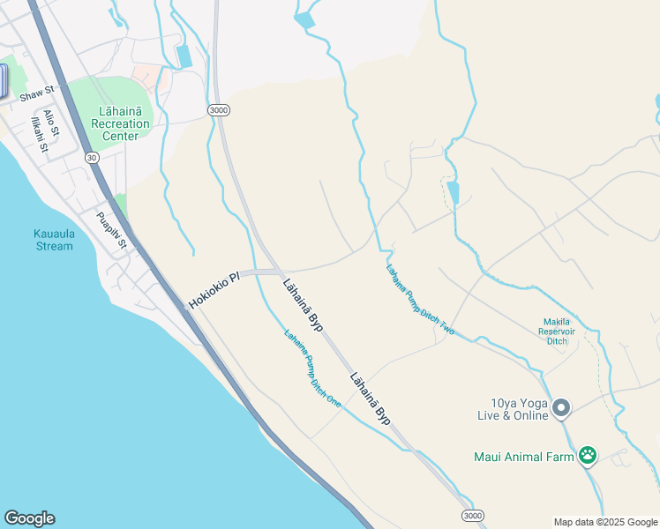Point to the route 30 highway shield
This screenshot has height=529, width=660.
pyautogui.click(x=92, y=157)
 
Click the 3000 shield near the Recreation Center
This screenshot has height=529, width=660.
pyautogui.click(x=219, y=109)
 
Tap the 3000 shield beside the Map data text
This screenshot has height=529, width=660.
pyautogui.click(x=473, y=515)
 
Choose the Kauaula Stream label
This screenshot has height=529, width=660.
pyautogui.click(x=54, y=239)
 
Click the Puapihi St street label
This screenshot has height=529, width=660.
pyautogui.click(x=113, y=231)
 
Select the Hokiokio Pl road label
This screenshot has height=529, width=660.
pyautogui.click(x=214, y=290)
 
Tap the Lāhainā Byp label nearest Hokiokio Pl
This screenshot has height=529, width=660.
pyautogui.click(x=303, y=305)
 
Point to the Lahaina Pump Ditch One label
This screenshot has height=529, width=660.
pyautogui.click(x=312, y=367)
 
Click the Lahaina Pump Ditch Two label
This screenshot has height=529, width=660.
pyautogui.click(x=420, y=300)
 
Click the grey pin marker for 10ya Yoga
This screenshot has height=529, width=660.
pyautogui.click(x=561, y=408)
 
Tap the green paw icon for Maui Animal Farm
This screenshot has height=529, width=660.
pyautogui.click(x=588, y=456)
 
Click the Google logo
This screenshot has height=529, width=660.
pyautogui.click(x=29, y=518)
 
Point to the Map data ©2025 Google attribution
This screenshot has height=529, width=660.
pyautogui.click(x=605, y=522)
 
